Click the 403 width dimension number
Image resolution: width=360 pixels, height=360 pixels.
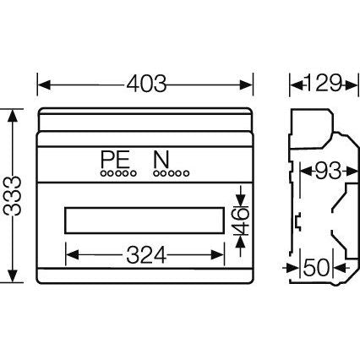click(145, 84)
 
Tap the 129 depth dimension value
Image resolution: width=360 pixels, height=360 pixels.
click(322, 84)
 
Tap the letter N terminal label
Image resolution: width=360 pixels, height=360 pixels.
click(158, 159)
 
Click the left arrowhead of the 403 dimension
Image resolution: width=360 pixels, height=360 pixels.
click(42, 84)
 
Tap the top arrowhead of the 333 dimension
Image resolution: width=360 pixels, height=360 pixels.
click(11, 113)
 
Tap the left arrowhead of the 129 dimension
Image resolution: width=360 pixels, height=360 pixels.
click(296, 84)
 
